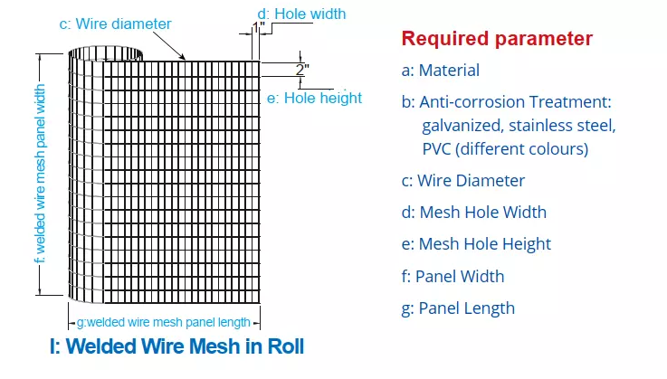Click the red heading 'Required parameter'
click(497, 39)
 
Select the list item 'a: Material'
click(440, 71)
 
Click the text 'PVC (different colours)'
click(505, 149)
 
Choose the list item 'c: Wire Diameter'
click(462, 181)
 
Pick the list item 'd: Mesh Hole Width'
click(474, 213)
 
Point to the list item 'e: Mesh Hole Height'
click(476, 244)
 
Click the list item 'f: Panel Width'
click(453, 277)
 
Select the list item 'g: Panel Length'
click(458, 308)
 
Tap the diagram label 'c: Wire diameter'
click(115, 24)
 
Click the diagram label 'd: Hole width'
click(301, 14)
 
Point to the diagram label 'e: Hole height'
click(314, 99)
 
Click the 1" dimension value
click(259, 28)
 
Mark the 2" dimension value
click(302, 70)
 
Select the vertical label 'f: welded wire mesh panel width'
click(40, 174)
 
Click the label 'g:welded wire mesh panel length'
click(163, 322)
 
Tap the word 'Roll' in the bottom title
click(285, 346)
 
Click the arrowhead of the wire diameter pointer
click(183, 57)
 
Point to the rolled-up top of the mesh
click(105, 54)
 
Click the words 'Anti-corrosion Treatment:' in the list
click(515, 102)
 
